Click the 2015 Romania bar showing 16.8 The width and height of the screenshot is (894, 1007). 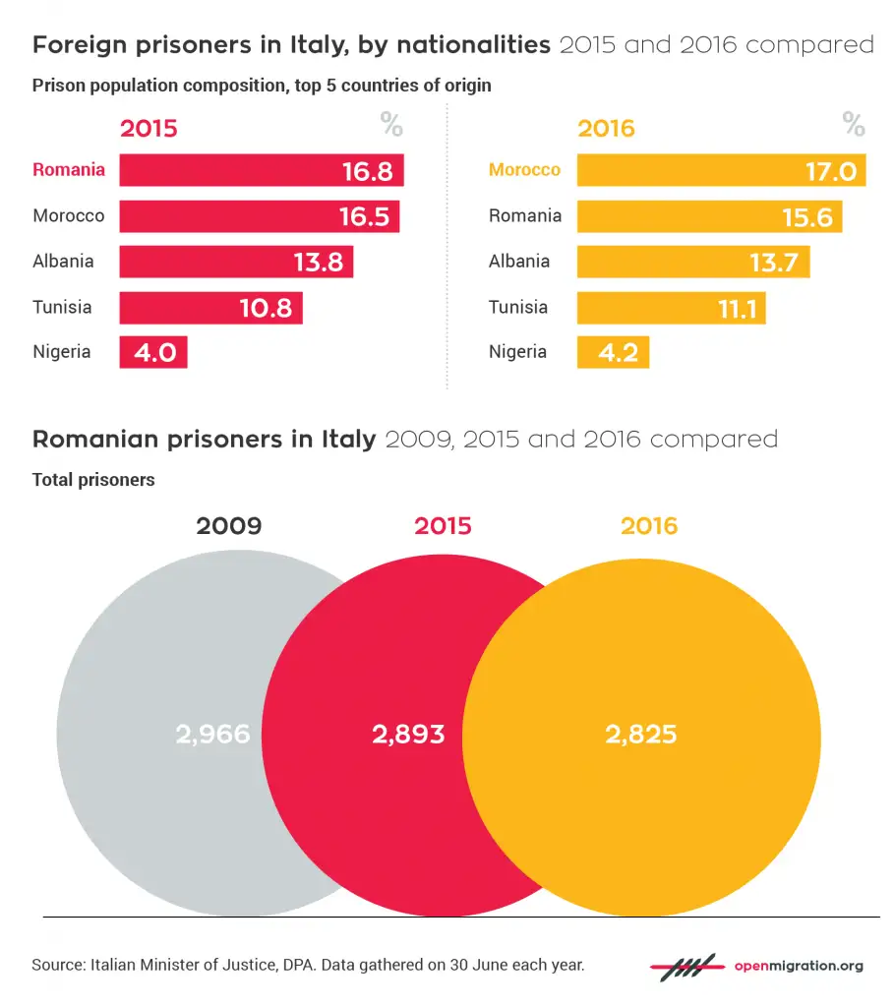coord(261,170)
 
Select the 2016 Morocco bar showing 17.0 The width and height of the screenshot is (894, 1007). coord(720,170)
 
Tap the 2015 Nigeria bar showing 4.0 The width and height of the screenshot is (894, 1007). coord(153,352)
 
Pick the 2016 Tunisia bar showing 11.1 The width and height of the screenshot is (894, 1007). coord(671,307)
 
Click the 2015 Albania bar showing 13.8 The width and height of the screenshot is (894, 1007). coord(236,262)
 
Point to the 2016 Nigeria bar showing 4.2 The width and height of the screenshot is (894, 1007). coord(613,352)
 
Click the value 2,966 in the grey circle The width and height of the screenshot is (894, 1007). coord(213,734)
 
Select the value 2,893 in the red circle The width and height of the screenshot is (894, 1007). coord(408,734)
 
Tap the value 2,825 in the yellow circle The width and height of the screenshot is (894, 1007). coord(639,734)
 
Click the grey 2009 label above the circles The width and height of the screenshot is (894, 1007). coord(228,526)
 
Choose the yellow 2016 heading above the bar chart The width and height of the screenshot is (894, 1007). coord(606,129)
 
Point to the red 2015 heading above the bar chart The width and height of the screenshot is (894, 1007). coord(149,129)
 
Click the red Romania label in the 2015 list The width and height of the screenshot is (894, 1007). coord(69,170)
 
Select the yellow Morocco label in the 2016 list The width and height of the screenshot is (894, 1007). coord(524,170)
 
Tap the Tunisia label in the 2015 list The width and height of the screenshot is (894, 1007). coord(62,307)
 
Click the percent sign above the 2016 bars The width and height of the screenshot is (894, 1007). coord(853,126)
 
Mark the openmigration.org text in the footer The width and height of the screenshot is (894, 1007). coord(799,966)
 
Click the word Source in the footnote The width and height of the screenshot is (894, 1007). coord(57,965)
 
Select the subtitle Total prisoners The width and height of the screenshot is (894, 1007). coord(93,480)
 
